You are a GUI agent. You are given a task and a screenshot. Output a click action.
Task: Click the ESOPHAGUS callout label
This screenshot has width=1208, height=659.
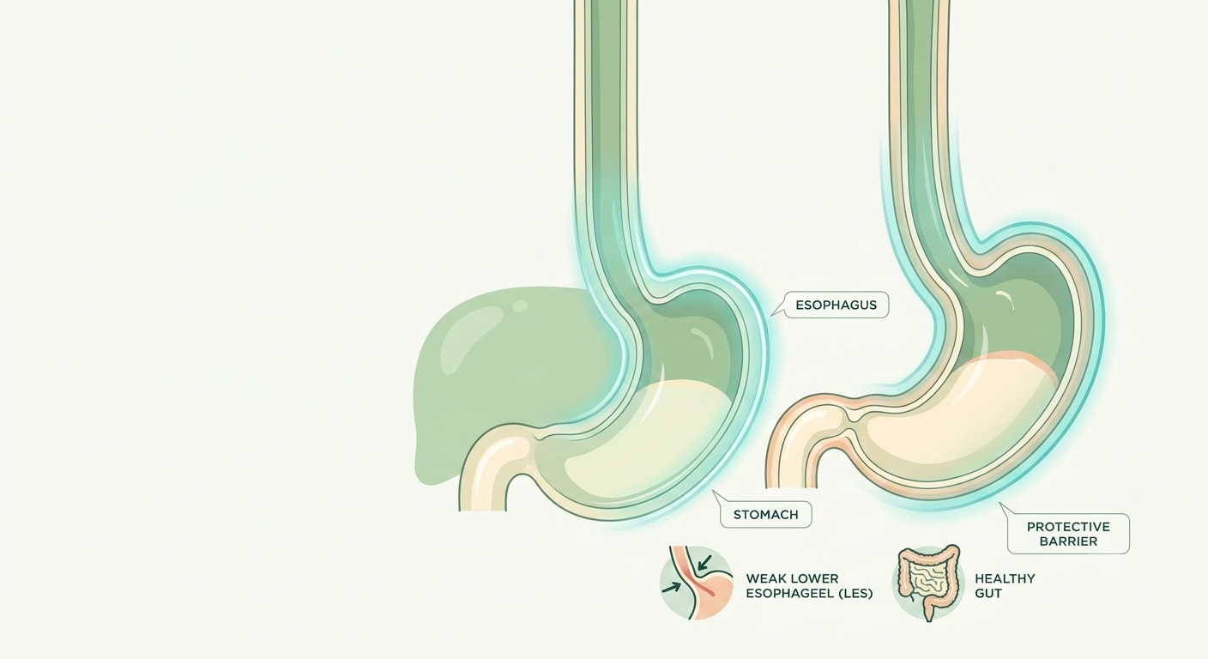tap(836, 305)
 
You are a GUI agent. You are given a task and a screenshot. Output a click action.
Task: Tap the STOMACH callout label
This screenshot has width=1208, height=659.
tap(766, 515)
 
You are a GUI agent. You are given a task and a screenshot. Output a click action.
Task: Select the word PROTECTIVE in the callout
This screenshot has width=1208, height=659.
tap(1068, 526)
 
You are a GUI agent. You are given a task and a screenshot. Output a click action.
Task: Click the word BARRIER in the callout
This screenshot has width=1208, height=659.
tap(1068, 541)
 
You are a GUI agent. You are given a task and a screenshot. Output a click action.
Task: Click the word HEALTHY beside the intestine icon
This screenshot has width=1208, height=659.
tap(1005, 578)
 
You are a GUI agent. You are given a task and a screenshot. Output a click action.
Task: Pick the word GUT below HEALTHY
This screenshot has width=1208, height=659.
tap(988, 593)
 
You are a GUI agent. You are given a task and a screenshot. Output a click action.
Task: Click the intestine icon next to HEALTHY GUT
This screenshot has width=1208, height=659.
tap(928, 582)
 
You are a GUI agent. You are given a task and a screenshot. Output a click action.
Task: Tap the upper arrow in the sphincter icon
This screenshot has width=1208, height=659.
tap(704, 563)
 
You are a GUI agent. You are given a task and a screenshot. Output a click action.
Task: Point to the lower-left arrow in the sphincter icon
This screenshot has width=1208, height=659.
tap(672, 587)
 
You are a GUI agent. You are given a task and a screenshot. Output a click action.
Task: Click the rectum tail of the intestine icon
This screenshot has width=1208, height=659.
tap(929, 610)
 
